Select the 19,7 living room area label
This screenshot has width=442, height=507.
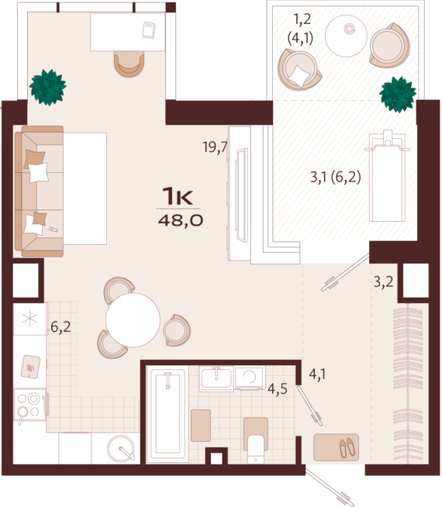[214, 147]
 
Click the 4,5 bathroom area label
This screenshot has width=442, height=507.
[277, 388]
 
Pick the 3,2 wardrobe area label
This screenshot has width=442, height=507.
[383, 281]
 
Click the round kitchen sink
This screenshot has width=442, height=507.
[121, 448]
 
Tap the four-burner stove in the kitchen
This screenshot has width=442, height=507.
[29, 404]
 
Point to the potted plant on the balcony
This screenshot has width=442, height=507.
[397, 95]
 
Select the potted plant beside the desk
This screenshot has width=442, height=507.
[48, 88]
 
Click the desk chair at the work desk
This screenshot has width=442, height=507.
[129, 64]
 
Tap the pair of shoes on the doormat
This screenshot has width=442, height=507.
[346, 447]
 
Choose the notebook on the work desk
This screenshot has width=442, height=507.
[149, 29]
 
